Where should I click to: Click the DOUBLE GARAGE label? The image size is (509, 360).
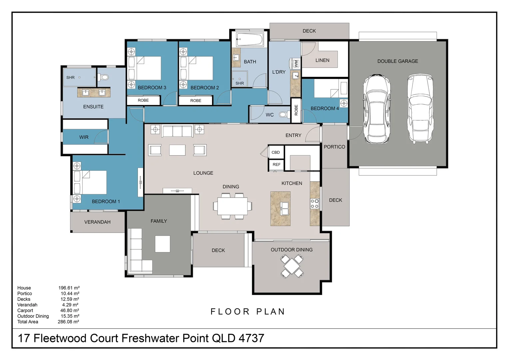coord(397,61)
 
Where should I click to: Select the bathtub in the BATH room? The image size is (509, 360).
coord(250,40)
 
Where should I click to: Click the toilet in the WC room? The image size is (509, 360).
coord(283,115)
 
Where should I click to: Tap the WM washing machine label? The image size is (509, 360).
coord(295,63)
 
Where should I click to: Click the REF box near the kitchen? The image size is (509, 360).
coord(276,165)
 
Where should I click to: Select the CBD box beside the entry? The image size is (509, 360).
coord(276,152)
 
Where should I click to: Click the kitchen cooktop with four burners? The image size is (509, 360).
coord(315,204)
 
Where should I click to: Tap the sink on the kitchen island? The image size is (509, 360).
coord(284,209)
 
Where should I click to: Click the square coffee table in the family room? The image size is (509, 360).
coord(163,244)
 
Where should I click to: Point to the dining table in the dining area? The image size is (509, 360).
coord(233,206)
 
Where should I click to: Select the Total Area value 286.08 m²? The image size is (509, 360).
coord(68,322)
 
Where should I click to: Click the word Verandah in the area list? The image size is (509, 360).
coord(27,305)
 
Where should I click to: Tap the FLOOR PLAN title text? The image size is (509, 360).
coord(248,312)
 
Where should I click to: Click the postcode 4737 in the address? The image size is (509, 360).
coord(252,338)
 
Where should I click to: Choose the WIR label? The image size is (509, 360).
coord(84,137)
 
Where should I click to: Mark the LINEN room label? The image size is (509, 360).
coord(322,60)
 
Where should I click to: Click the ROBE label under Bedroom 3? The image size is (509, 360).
coord(143,100)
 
